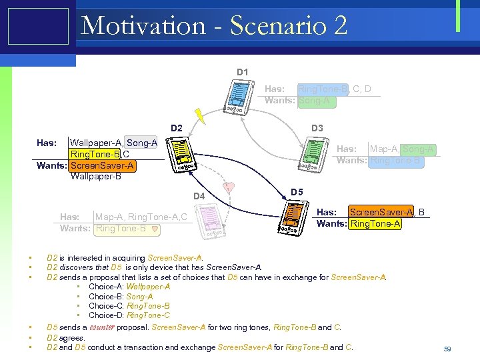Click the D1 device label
pos(243,72)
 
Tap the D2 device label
pos(176,128)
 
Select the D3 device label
pos(317,128)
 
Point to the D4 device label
pos(199,196)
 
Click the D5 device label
pos(297,193)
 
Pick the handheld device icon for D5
pos(292,217)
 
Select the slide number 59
pos(447,349)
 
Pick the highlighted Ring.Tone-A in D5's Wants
pos(375,223)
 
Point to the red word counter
pos(103,327)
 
